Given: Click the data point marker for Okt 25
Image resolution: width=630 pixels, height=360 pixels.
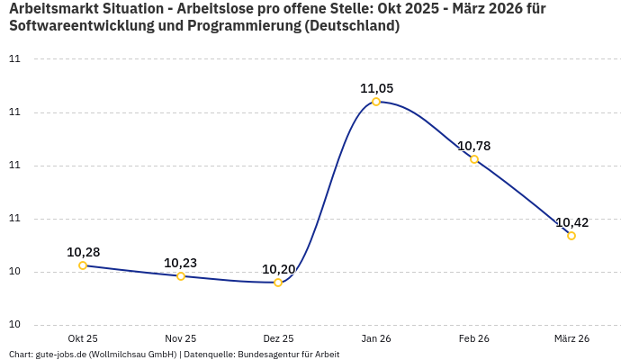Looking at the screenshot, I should (83, 265).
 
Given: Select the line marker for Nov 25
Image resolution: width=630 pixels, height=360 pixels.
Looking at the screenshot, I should (181, 276).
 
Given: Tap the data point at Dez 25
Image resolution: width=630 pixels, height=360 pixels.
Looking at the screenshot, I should (278, 283).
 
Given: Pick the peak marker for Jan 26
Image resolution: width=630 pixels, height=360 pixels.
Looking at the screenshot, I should (376, 102).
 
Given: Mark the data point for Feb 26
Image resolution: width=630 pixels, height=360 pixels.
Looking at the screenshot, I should (474, 159).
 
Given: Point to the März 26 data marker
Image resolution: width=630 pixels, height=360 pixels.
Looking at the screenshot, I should (571, 236).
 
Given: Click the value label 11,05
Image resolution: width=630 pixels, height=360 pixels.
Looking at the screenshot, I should (376, 88).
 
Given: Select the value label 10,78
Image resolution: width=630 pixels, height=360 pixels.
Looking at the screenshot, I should (474, 146).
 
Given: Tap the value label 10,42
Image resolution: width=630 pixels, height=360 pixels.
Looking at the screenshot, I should (571, 222).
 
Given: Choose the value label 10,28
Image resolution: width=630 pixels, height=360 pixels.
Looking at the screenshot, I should (83, 252).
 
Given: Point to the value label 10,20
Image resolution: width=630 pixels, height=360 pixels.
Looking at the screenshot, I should (278, 269).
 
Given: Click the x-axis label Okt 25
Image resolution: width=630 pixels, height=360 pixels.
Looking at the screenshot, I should (83, 338).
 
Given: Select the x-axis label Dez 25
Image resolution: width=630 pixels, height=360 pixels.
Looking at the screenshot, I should (278, 338).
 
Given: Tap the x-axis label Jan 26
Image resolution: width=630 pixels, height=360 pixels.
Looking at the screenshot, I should (376, 338).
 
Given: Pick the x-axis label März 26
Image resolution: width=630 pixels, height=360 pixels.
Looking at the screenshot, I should (571, 338).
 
